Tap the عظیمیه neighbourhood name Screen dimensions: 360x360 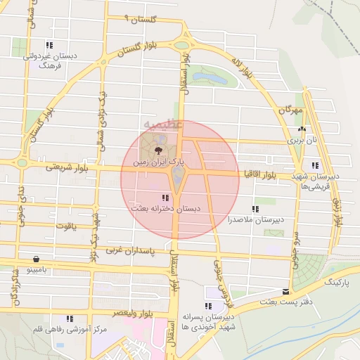pyautogui.click(x=163, y=127)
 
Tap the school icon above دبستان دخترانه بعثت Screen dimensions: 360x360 pyautogui.click(x=165, y=198)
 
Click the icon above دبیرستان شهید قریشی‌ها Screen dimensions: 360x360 pyautogui.click(x=316, y=165)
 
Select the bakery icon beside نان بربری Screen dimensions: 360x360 pyautogui.click(x=302, y=129)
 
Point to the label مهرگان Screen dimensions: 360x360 pyautogui.click(x=289, y=110)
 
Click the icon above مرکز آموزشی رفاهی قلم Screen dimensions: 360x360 pyautogui.click(x=69, y=319)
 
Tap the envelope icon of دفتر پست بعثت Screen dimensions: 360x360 pyautogui.click(x=285, y=292)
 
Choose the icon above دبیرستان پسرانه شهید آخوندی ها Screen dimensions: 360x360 pyautogui.click(x=207, y=306)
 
